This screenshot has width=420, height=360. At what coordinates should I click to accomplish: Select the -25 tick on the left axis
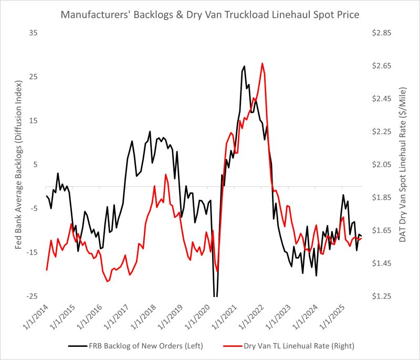point(32,297)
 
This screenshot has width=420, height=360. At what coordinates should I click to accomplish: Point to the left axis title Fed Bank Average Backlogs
point(18,164)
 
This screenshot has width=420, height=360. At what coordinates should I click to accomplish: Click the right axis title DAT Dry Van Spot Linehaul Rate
point(403,164)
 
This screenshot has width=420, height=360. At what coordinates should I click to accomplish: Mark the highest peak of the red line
point(262,63)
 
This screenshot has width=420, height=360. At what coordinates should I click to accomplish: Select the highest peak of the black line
point(244,66)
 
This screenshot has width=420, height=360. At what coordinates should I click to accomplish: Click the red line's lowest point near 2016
point(107,282)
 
